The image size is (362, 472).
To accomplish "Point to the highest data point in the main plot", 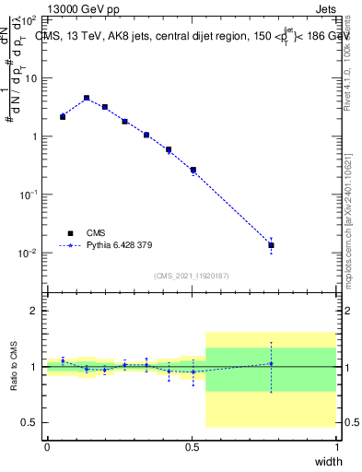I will (x=87, y=98).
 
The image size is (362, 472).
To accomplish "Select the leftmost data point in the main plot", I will (x=63, y=117).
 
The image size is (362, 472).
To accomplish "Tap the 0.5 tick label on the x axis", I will (x=191, y=446).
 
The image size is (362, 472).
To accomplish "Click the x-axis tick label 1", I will (x=336, y=446).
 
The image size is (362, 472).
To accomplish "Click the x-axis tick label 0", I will (x=47, y=446).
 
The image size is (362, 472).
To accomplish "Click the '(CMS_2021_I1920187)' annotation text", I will (x=192, y=276).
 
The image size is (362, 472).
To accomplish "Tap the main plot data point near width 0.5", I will (x=193, y=170).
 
